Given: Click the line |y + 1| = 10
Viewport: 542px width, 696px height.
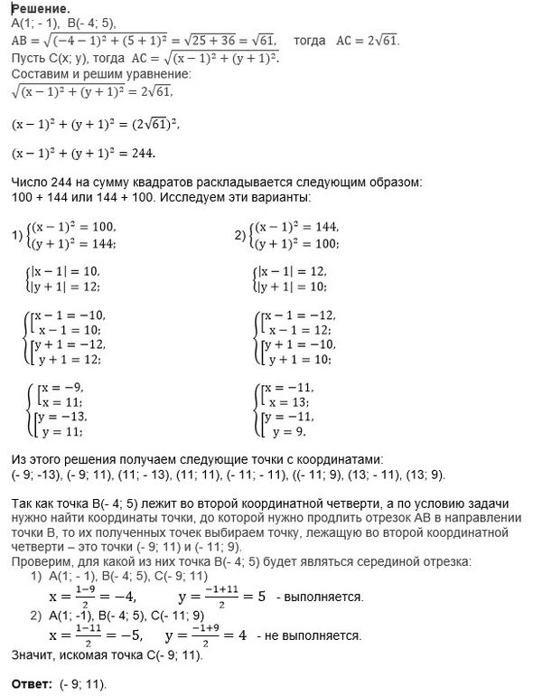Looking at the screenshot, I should [294, 287].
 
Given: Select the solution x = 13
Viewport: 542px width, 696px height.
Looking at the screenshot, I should [292, 401].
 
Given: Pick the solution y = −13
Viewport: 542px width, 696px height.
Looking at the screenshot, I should [66, 417].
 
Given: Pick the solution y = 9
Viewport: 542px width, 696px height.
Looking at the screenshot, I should [289, 432].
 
